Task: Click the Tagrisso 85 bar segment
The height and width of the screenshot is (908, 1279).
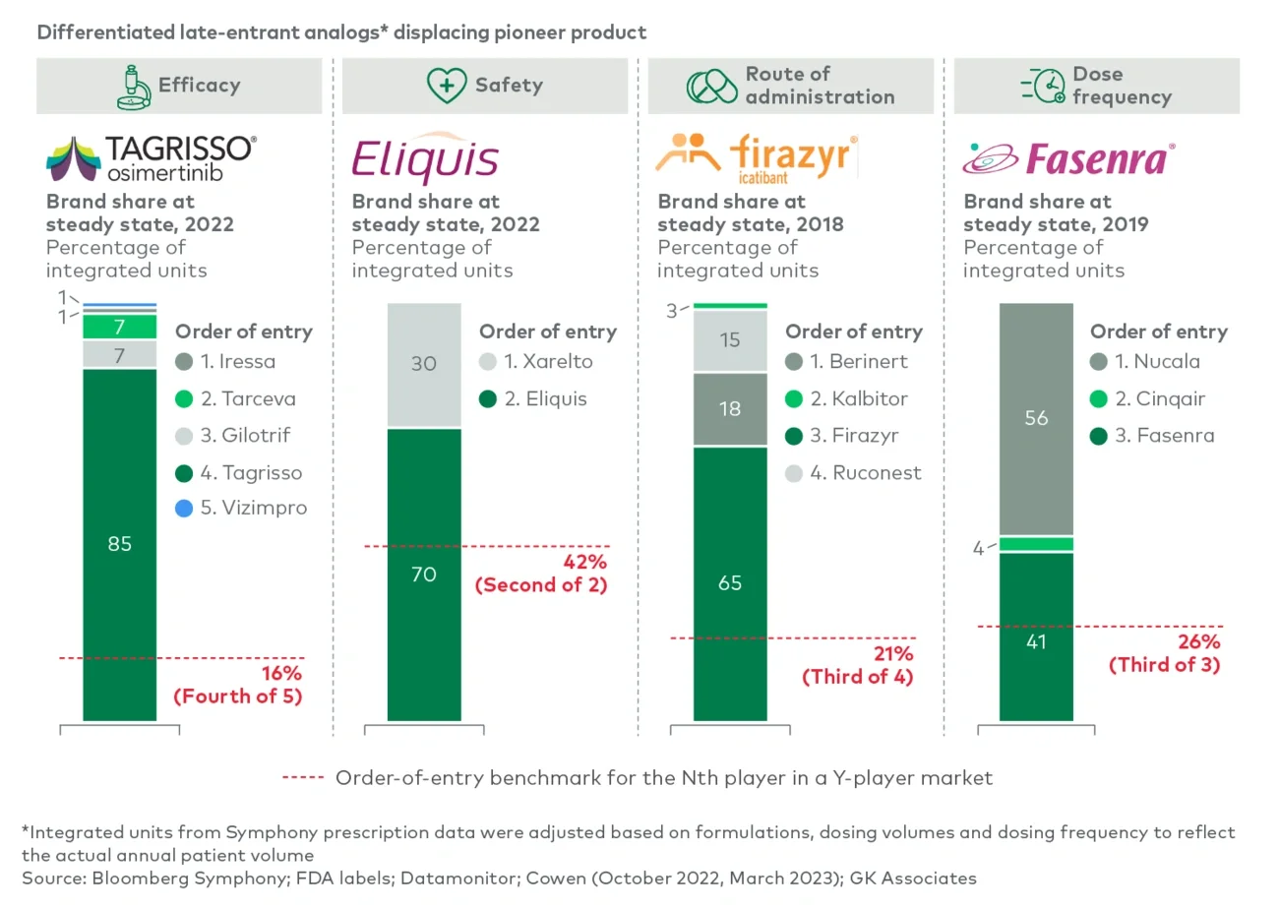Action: click(x=119, y=543)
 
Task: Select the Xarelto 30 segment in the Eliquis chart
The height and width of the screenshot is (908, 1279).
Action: click(x=423, y=364)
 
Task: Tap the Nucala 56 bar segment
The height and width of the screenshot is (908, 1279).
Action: click(x=1036, y=418)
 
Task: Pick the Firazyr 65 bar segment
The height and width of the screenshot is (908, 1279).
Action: click(x=730, y=582)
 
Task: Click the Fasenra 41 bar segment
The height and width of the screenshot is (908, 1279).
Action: click(x=1036, y=641)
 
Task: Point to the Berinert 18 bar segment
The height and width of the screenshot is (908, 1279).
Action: click(x=730, y=408)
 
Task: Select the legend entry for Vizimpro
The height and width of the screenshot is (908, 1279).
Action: click(x=241, y=509)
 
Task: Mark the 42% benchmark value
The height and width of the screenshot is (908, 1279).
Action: click(x=586, y=562)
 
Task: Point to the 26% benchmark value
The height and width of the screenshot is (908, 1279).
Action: click(x=1199, y=641)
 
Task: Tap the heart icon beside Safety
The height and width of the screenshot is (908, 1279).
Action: click(x=446, y=86)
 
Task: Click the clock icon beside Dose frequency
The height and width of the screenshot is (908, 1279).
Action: click(x=1043, y=86)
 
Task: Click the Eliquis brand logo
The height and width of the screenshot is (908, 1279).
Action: click(x=425, y=158)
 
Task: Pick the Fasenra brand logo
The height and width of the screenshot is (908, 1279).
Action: click(x=1068, y=158)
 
